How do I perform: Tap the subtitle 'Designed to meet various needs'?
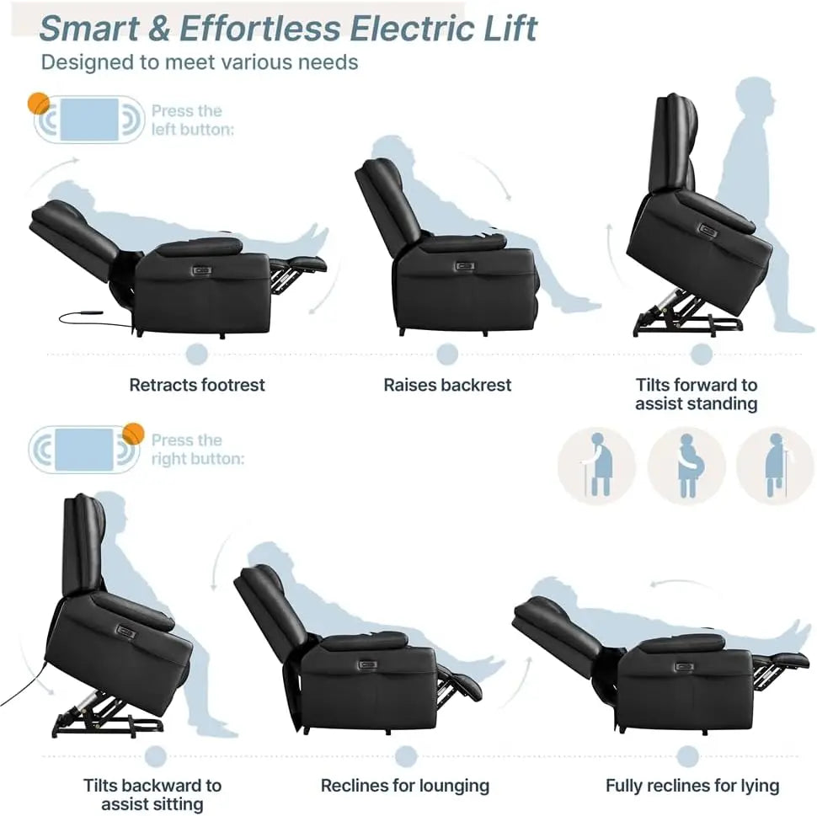[x=200, y=61]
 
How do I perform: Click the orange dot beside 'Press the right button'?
[x=133, y=433]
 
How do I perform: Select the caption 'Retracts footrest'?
[x=197, y=385]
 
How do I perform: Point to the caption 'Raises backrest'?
[x=447, y=385]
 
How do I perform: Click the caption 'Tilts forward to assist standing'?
[x=697, y=394]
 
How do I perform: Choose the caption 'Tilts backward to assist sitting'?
[x=152, y=795]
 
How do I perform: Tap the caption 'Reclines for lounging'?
[x=405, y=786]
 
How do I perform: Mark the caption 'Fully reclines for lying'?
[x=692, y=786]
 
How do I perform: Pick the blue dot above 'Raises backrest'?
[x=447, y=353]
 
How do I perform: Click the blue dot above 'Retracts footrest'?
[x=197, y=353]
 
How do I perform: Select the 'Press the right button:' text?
[x=197, y=450]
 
